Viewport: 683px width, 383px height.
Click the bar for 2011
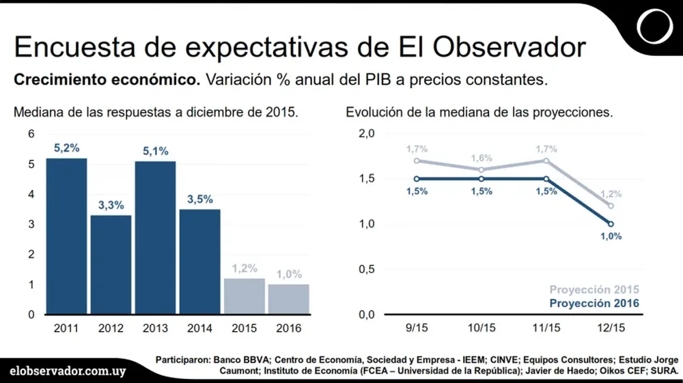pyautogui.click(x=66, y=236)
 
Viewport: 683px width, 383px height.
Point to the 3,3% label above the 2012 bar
pyautogui.click(x=111, y=204)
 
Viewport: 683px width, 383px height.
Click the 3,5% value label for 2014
pyautogui.click(x=199, y=199)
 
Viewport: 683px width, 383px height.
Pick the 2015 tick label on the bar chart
pyautogui.click(x=244, y=328)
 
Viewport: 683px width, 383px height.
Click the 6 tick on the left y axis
pyautogui.click(x=31, y=133)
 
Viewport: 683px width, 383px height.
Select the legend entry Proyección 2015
pyautogui.click(x=595, y=290)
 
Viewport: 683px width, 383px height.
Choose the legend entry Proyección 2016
pyautogui.click(x=595, y=304)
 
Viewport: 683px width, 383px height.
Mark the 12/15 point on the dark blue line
pyautogui.click(x=610, y=224)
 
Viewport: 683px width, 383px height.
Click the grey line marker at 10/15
pyautogui.click(x=482, y=170)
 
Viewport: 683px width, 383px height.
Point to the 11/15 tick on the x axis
pyautogui.click(x=546, y=328)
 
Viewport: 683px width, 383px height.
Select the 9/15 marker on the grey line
pyautogui.click(x=417, y=161)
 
